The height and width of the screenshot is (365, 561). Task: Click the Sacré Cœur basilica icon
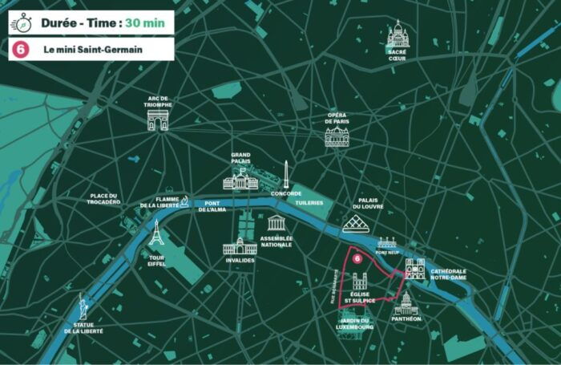[398, 34]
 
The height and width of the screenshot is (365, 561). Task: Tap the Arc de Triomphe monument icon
[159, 120]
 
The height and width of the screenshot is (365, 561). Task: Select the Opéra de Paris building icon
[337, 136]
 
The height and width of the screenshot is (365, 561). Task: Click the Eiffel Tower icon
[156, 233]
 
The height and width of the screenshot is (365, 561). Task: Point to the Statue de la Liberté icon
[83, 306]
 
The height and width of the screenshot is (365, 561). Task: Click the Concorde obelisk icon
[285, 173]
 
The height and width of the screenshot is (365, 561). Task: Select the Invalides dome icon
[240, 245]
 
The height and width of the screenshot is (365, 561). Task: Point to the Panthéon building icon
[406, 303]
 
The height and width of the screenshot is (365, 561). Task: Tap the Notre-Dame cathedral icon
[415, 268]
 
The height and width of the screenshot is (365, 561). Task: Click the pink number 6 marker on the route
[358, 258]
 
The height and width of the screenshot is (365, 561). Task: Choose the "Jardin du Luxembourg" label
[353, 324]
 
